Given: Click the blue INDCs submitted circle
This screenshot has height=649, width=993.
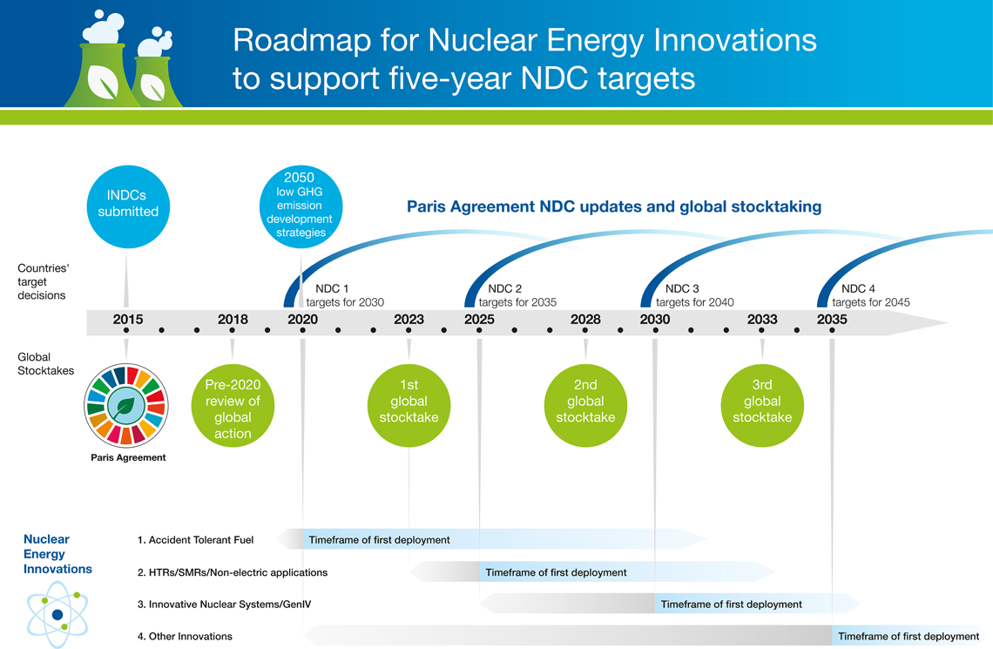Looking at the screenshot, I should [128, 204].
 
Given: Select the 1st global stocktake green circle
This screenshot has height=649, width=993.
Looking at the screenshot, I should [409, 402].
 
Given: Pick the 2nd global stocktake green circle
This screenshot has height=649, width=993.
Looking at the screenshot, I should [585, 402].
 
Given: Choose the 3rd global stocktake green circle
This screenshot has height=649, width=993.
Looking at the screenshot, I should [762, 402].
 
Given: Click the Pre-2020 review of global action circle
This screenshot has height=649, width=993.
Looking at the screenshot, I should [233, 408].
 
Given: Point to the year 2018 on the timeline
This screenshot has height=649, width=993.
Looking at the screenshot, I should [233, 320].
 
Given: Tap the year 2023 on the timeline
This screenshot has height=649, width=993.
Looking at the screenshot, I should [409, 320].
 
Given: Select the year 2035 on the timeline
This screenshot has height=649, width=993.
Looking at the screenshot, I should [832, 320].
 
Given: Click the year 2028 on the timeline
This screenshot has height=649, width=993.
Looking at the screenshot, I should [585, 320].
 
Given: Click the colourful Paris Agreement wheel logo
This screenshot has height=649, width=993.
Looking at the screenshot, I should [126, 405].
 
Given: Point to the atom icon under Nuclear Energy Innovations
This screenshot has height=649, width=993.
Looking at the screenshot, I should [57, 614].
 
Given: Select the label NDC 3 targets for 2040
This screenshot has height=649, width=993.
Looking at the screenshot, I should [693, 295].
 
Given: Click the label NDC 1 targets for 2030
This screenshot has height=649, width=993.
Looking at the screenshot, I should [343, 295].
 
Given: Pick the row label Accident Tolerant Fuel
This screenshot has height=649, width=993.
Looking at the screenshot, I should [195, 540].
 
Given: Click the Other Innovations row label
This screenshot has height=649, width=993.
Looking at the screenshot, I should [185, 637].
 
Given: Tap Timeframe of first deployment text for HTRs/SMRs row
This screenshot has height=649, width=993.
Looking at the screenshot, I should [556, 572].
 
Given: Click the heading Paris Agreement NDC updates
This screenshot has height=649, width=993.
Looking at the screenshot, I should [614, 207].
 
